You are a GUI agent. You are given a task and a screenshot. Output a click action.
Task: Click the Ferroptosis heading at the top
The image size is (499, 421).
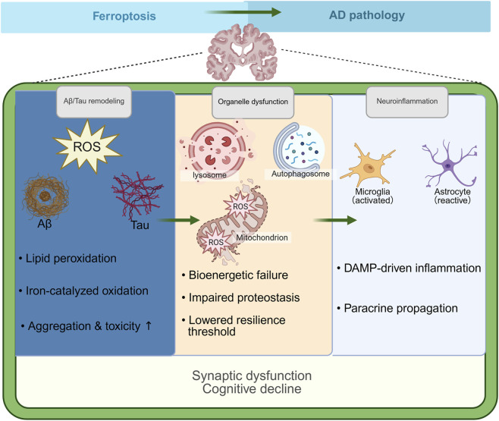pyautogui.click(x=124, y=16)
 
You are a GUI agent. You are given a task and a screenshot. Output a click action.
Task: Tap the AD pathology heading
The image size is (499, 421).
pyautogui.click(x=367, y=15)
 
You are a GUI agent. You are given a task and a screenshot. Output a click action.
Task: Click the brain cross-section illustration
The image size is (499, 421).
pyautogui.click(x=242, y=52)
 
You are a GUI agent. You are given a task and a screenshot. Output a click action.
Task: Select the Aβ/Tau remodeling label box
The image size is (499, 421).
pyautogui.click(x=94, y=102)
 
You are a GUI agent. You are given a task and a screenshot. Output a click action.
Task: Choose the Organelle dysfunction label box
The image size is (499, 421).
pyautogui.click(x=253, y=102)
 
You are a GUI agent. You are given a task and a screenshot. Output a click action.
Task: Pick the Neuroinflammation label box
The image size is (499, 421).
pyautogui.click(x=407, y=102)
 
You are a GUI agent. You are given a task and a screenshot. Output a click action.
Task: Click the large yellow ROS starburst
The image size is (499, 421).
pyautogui.click(x=87, y=146)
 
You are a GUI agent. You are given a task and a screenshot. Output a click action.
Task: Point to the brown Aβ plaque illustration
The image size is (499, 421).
pyautogui.click(x=46, y=196)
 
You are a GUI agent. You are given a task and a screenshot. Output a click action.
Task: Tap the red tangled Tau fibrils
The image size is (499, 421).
pyautogui.click(x=137, y=194)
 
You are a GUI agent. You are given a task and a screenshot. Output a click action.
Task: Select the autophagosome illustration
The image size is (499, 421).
pyautogui.click(x=299, y=148)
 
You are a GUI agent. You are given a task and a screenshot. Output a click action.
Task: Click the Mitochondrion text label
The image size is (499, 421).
pyautogui.click(x=262, y=237)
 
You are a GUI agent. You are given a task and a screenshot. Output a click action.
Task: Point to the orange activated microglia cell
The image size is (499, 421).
pyautogui.click(x=368, y=165)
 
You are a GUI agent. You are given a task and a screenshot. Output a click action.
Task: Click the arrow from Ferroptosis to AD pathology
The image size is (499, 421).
pyautogui.click(x=243, y=12)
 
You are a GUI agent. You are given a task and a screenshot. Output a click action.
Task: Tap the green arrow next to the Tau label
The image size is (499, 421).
pyautogui.click(x=178, y=220)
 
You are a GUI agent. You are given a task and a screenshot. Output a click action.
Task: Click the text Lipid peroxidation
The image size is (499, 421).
pyautogui.click(x=71, y=259)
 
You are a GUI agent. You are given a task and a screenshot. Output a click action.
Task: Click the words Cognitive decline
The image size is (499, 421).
pyautogui.click(x=252, y=389)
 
